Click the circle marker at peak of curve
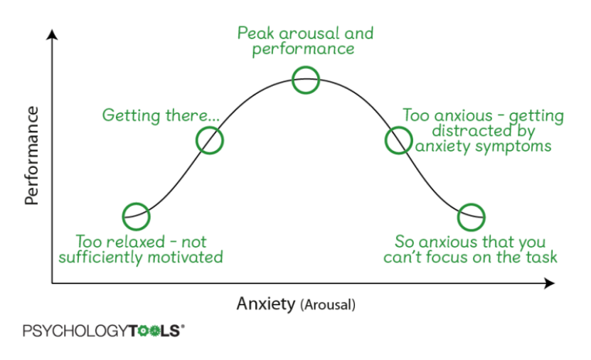pyautogui.click(x=306, y=80)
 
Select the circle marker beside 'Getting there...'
pyautogui.click(x=210, y=140)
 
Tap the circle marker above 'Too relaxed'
pyautogui.click(x=136, y=215)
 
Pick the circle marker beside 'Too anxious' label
pyautogui.click(x=398, y=140)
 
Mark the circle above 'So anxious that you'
pyautogui.click(x=471, y=215)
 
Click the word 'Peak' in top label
pyautogui.click(x=255, y=33)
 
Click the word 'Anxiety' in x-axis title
pyautogui.click(x=265, y=305)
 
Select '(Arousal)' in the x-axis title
pyautogui.click(x=328, y=305)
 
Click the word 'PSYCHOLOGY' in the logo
pyautogui.click(x=74, y=331)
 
